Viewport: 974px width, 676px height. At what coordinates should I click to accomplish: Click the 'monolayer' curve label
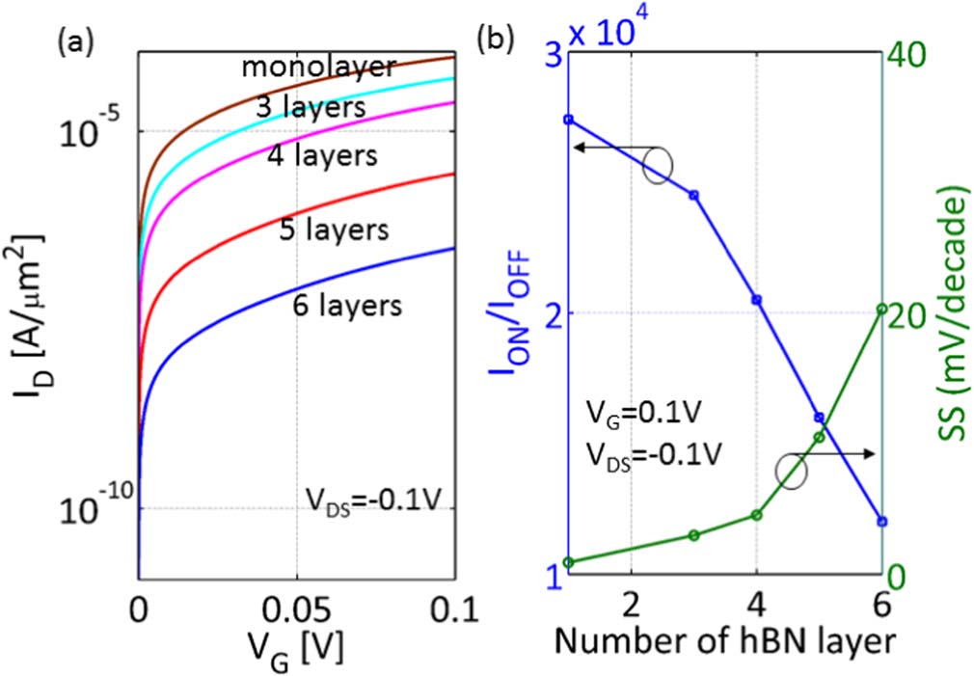(x=317, y=68)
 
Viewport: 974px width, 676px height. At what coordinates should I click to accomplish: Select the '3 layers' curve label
(x=311, y=107)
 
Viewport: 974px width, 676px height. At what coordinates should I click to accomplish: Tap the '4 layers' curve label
(x=322, y=153)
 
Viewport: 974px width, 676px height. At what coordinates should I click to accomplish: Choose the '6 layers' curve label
(x=346, y=306)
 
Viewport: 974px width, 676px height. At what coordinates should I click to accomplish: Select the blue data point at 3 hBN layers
(x=693, y=195)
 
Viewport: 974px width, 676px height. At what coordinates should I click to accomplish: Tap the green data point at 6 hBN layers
(x=881, y=309)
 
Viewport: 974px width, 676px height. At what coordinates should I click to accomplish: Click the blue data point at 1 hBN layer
(x=568, y=120)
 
